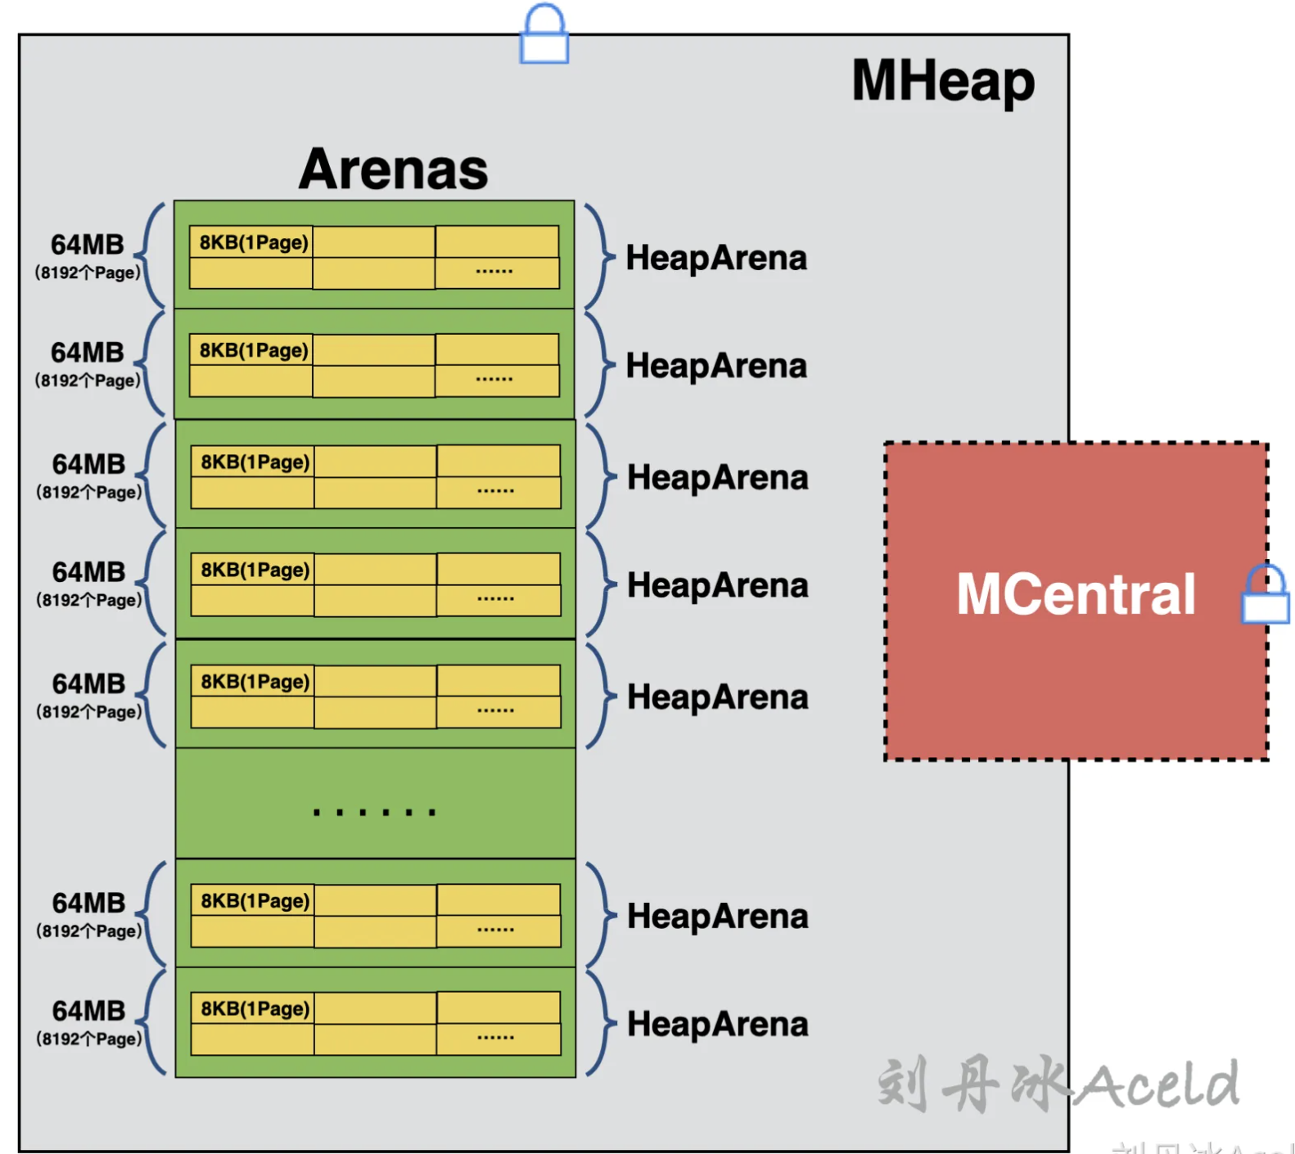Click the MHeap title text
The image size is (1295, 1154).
point(943,82)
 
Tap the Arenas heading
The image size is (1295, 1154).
point(393,169)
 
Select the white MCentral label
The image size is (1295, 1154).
point(1076,594)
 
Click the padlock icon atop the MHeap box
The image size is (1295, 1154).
point(544,35)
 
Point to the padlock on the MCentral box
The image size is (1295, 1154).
point(1265,595)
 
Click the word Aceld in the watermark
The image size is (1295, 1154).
point(1157,1085)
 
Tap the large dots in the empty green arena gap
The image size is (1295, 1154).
point(375,812)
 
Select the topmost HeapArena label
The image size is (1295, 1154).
point(716,259)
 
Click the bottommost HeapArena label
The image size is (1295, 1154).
point(717,1025)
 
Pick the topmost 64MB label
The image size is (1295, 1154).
point(88,245)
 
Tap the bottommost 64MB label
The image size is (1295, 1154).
point(88,1011)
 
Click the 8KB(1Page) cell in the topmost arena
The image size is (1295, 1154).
point(253,243)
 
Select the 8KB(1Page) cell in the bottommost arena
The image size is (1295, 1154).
point(255,1009)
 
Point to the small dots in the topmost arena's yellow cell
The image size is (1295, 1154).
point(494,271)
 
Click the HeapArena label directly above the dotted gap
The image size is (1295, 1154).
point(717,697)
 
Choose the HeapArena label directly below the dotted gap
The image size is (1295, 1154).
point(717,917)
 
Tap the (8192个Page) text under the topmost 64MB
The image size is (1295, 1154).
point(88,273)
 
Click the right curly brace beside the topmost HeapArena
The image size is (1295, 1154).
point(601,256)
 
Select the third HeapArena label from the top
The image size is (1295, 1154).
point(717,478)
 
